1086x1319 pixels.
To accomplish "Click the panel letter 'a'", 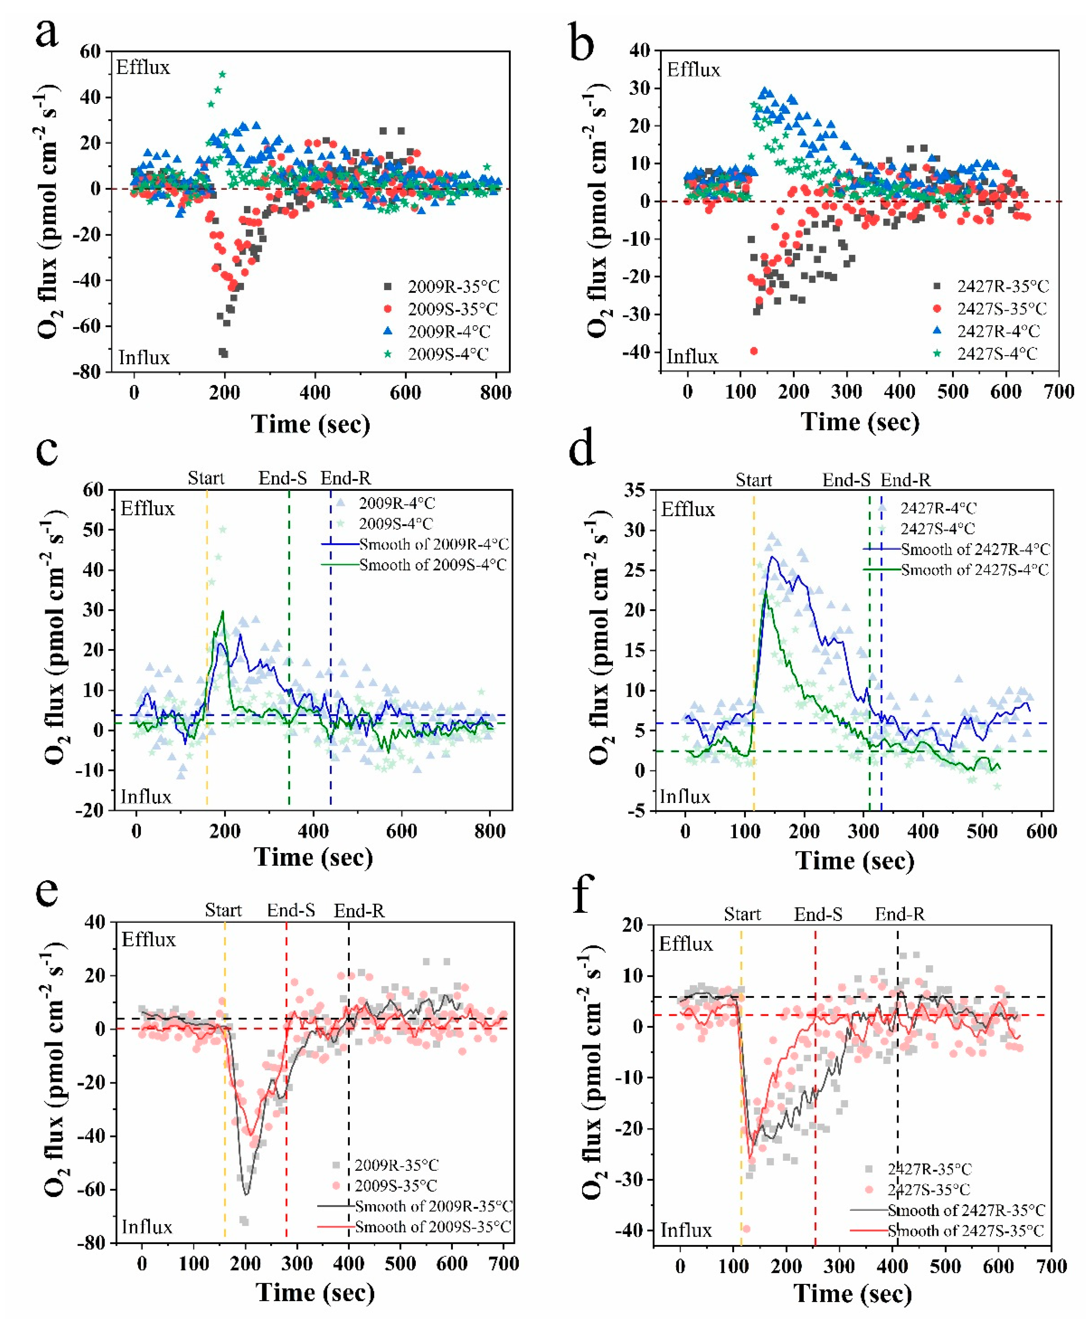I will [47, 34].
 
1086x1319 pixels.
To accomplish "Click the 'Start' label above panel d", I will [753, 481].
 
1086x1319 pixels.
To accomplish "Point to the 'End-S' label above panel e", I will [291, 910].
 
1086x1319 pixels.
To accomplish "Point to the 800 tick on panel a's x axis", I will [496, 393].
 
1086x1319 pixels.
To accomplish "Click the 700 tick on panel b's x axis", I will [1058, 392].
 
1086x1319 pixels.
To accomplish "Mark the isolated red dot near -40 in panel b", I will [754, 351].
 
